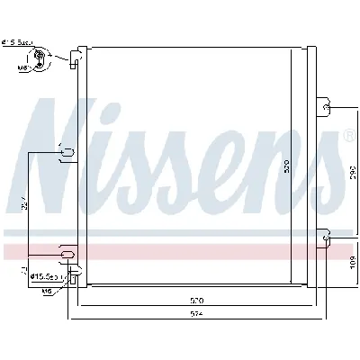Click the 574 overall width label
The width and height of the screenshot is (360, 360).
tap(198, 313)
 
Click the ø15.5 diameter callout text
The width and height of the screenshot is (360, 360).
tap(43, 275)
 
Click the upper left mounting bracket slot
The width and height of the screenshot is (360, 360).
tap(65, 154)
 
